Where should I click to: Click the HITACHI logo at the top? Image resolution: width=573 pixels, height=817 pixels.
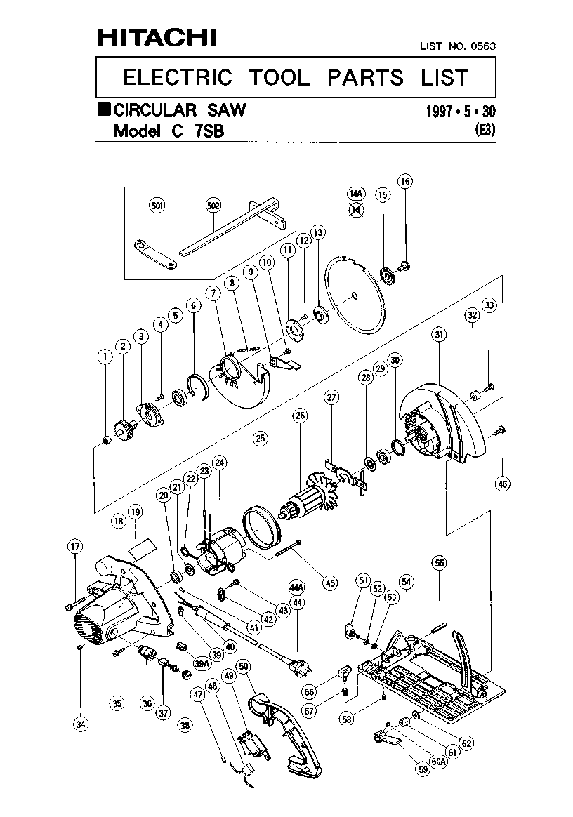[157, 37]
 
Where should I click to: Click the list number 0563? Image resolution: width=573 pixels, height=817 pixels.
[483, 46]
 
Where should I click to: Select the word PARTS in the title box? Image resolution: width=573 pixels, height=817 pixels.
[365, 78]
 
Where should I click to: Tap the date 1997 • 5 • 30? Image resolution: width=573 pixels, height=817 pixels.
[461, 111]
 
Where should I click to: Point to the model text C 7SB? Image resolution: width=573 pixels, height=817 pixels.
[197, 131]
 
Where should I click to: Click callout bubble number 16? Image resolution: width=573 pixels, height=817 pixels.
[405, 181]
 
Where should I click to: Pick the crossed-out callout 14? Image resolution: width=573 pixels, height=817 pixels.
[356, 209]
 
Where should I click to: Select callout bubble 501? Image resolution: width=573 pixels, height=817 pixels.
[157, 206]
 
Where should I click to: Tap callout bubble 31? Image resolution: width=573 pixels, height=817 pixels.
[439, 334]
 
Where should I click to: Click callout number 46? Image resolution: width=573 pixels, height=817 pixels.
[503, 484]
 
